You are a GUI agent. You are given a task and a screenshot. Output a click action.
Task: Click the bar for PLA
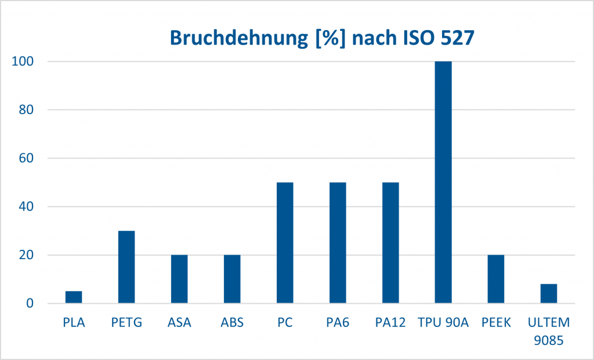tap(74, 297)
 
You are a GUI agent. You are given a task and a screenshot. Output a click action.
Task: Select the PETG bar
tap(126, 267)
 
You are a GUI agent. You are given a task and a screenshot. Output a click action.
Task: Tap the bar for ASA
tap(179, 279)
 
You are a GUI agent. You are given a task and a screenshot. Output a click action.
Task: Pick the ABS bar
tap(232, 279)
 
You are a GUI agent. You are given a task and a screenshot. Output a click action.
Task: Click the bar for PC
tap(285, 243)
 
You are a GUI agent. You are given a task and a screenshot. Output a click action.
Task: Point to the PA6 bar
tap(338, 243)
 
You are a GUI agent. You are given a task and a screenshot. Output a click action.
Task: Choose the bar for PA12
tap(390, 243)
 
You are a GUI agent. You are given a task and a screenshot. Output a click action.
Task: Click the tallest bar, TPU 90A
tap(443, 182)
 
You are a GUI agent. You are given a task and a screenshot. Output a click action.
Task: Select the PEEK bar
tap(496, 279)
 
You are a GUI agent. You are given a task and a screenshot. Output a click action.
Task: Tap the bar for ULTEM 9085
tap(549, 293)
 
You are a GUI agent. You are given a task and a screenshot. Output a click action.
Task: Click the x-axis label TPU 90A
tap(443, 323)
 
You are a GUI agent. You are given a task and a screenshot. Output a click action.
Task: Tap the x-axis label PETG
tap(126, 323)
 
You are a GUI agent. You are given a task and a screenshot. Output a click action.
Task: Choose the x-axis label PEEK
tap(496, 323)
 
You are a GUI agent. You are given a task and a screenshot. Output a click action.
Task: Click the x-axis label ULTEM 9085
tap(549, 330)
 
